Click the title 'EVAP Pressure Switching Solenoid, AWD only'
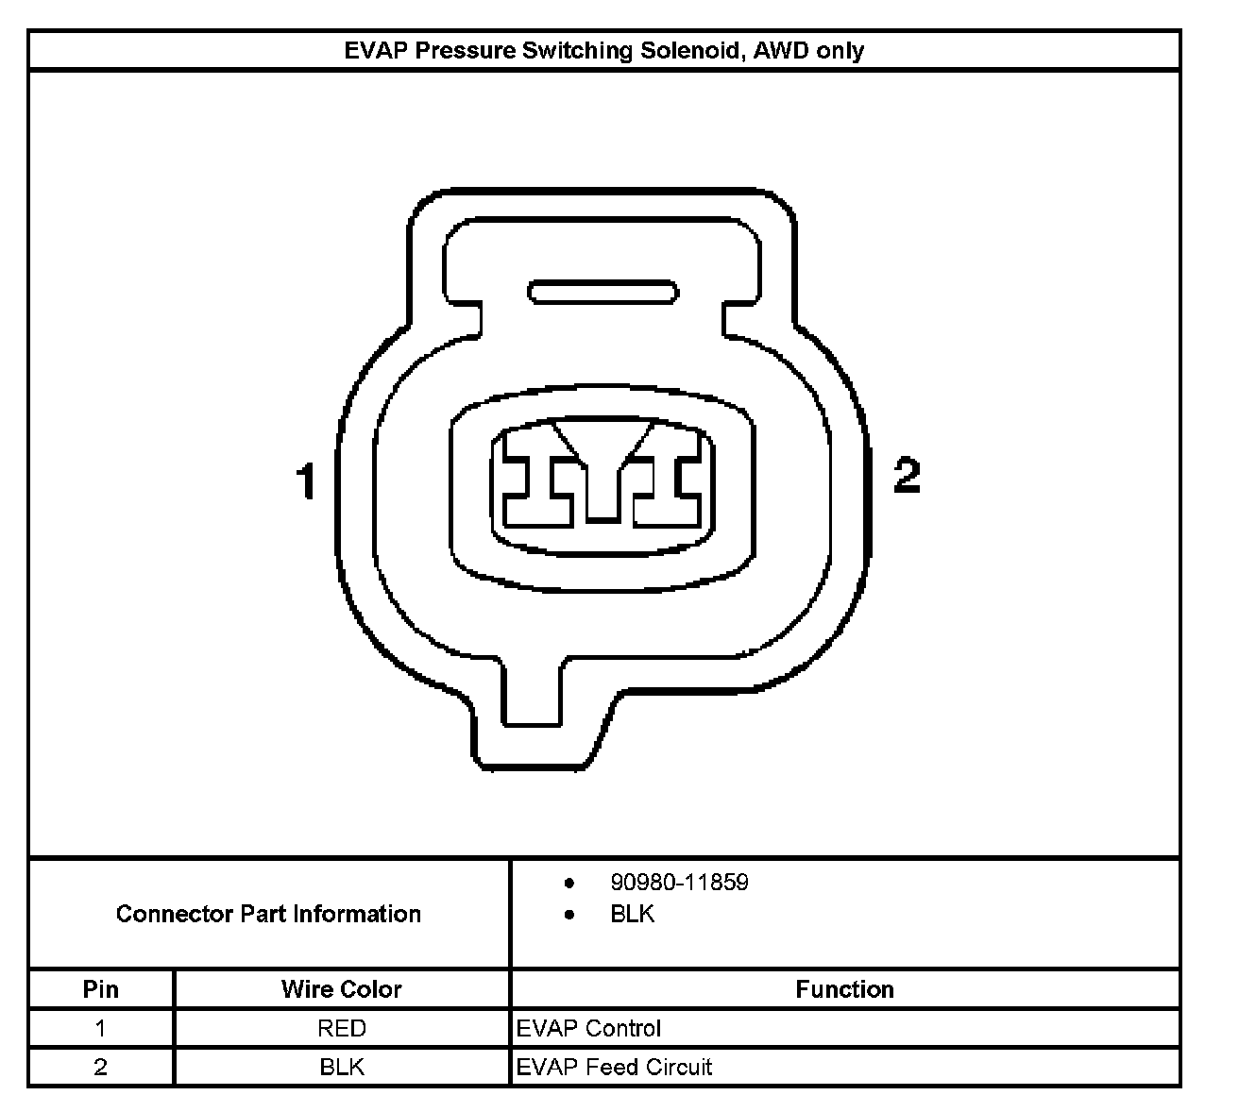coord(603,50)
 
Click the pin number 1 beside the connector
coord(306,480)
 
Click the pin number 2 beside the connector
coord(907,475)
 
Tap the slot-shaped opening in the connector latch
coord(603,293)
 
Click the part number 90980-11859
coord(679,882)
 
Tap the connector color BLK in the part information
coord(633,914)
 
